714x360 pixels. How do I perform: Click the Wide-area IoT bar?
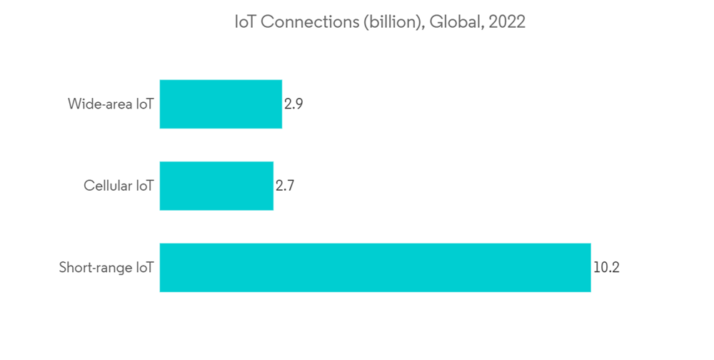pyautogui.click(x=221, y=104)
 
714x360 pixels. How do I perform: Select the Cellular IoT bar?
pyautogui.click(x=216, y=186)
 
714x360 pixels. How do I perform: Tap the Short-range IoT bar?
pyautogui.click(x=375, y=268)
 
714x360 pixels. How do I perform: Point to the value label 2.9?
pyautogui.click(x=293, y=104)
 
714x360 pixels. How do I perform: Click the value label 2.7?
pyautogui.click(x=285, y=186)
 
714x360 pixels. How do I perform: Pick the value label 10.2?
pyautogui.click(x=606, y=268)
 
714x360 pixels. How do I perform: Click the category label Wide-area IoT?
pyautogui.click(x=111, y=104)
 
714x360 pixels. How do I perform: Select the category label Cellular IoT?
pyautogui.click(x=119, y=186)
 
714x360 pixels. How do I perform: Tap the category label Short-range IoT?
pyautogui.click(x=106, y=269)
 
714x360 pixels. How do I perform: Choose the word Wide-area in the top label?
pyautogui.click(x=100, y=104)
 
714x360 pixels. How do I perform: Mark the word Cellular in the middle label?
pyautogui.click(x=108, y=186)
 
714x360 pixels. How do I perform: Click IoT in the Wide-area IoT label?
pyautogui.click(x=145, y=104)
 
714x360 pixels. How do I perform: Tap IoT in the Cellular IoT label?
pyautogui.click(x=145, y=186)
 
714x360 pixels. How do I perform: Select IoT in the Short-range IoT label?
pyautogui.click(x=145, y=269)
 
